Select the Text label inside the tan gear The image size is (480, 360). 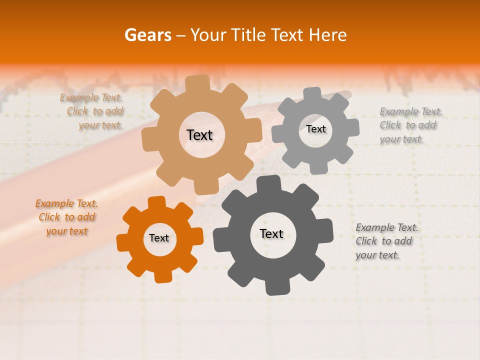tap(199, 135)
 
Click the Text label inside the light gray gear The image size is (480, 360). tap(315, 129)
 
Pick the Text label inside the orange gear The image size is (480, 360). tap(159, 238)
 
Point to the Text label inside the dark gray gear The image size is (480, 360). tap(271, 233)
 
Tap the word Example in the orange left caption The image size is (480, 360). tap(54, 203)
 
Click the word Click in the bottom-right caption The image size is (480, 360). tap(366, 241)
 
